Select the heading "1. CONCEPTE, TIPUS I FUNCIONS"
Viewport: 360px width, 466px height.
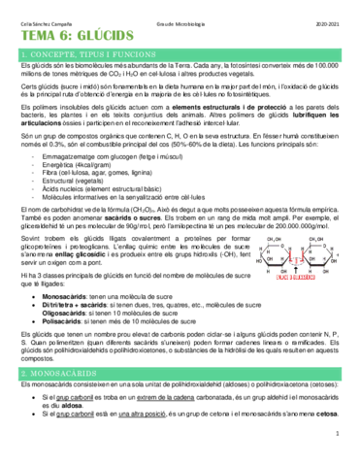(x=67, y=48)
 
